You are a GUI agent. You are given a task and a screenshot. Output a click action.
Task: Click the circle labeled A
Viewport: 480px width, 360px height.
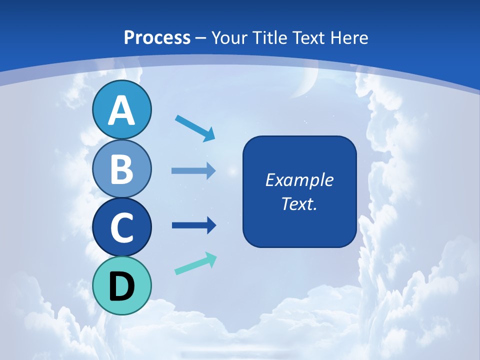tap(121, 109)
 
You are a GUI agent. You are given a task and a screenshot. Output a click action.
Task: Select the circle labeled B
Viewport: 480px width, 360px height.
tap(121, 168)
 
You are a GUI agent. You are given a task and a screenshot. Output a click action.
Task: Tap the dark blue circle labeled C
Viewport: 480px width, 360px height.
tap(121, 227)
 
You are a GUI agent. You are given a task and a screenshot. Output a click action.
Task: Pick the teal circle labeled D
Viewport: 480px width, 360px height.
tap(121, 285)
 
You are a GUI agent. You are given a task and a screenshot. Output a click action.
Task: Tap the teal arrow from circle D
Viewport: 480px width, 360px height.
tap(195, 263)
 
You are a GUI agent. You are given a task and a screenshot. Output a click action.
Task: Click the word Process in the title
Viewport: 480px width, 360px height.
tap(157, 37)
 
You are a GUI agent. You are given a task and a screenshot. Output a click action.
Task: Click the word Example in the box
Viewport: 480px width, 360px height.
tap(299, 180)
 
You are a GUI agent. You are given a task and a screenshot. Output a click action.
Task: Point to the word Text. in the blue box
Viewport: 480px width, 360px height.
tap(299, 203)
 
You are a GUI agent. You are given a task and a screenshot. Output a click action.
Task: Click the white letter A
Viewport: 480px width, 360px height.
tap(121, 110)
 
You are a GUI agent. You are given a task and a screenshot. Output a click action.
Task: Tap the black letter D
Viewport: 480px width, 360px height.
tap(121, 286)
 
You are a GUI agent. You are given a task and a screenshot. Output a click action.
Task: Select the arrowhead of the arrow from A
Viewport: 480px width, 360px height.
tap(209, 134)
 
